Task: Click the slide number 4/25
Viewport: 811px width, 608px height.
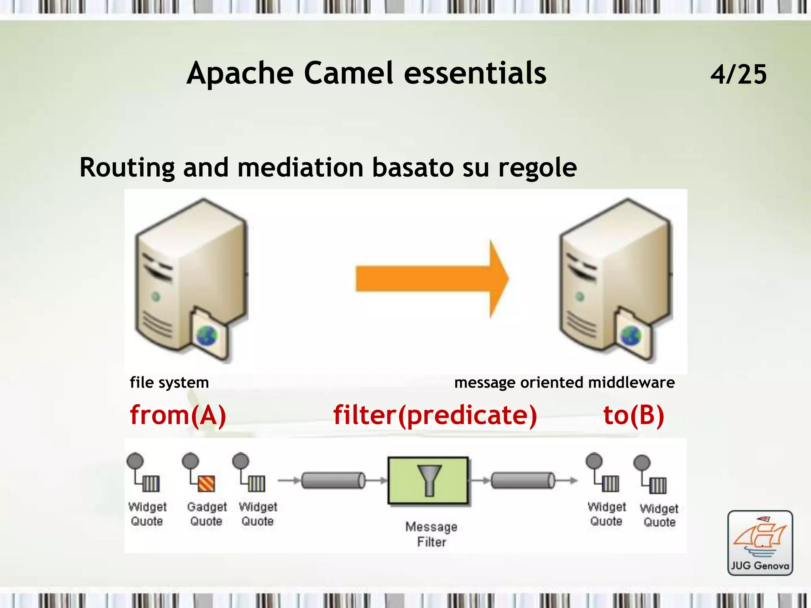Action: click(x=738, y=74)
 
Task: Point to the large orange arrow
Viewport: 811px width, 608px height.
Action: click(x=432, y=279)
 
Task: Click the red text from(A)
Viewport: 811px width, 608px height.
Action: click(x=178, y=415)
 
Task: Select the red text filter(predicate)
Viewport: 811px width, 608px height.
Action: click(x=435, y=415)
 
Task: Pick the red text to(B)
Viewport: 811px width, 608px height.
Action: click(x=633, y=415)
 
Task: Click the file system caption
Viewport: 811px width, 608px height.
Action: click(x=169, y=382)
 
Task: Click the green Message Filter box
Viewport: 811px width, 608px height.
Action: click(x=428, y=481)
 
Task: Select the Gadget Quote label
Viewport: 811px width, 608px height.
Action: click(x=207, y=514)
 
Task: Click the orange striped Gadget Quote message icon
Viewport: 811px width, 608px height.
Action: click(x=206, y=483)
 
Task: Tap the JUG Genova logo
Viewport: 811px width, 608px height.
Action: click(x=760, y=543)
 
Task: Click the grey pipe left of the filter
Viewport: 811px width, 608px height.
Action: click(x=333, y=481)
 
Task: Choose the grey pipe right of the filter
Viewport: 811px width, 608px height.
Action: click(x=523, y=481)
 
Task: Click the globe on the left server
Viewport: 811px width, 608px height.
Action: click(x=207, y=336)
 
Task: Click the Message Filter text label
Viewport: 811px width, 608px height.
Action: click(x=431, y=534)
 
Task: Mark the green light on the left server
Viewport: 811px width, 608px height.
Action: click(x=156, y=296)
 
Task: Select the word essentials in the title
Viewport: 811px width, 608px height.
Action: click(x=475, y=74)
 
